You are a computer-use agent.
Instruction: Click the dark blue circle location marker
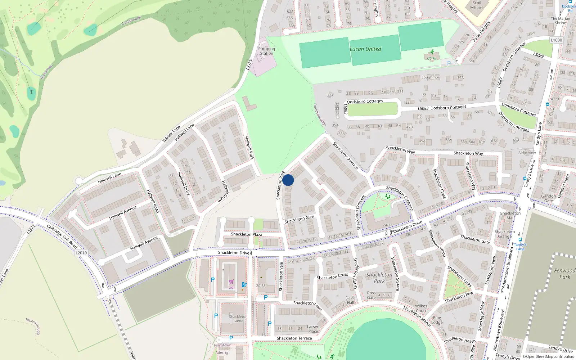coord(288,180)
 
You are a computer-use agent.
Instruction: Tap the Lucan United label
coord(365,49)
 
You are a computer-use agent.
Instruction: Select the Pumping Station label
coord(266,51)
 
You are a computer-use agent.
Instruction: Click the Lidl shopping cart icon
coord(231,282)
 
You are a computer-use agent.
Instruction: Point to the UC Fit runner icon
coord(432,52)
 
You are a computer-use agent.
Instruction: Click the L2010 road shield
coord(81,253)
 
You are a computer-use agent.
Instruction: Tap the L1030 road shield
coord(556,40)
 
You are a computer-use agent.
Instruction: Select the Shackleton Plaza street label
coord(247,234)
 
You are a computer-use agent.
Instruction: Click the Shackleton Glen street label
coord(299,219)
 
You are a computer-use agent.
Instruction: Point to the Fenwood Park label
coord(564,274)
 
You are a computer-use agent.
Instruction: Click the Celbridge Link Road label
coord(62,237)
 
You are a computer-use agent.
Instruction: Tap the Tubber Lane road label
coord(171,134)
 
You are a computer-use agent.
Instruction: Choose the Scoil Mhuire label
coord(477,5)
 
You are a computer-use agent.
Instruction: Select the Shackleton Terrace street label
coord(294,338)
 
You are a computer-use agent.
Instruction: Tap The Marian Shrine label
coord(561,21)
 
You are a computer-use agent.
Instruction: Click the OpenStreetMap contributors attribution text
coord(550,357)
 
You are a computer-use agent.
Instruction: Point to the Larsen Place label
coord(313,329)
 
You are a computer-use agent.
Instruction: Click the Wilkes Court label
coord(421,309)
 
